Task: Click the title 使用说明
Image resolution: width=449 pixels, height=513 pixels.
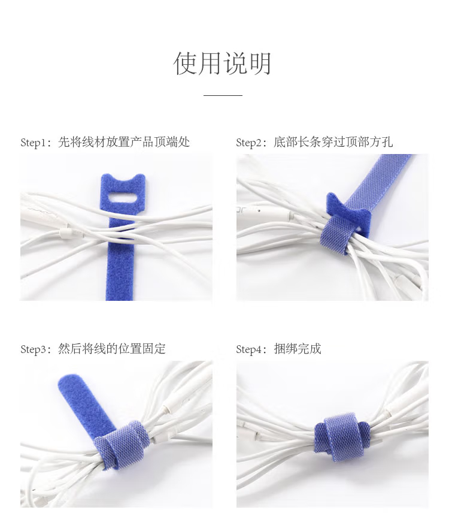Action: [222, 64]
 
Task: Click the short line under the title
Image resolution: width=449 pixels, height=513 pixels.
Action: [223, 95]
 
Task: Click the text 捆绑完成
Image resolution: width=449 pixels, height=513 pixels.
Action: [298, 349]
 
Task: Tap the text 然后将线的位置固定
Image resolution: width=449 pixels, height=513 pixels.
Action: [112, 349]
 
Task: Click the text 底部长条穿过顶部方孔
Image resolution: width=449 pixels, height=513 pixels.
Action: [333, 142]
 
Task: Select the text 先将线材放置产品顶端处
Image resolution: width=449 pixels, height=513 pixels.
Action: [124, 142]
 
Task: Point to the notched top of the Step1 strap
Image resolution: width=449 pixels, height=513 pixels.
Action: [123, 182]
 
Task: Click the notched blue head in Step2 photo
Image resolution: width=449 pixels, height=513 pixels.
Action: [347, 209]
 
